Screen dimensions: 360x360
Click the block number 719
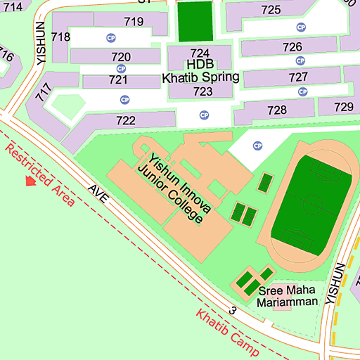click(x=134, y=21)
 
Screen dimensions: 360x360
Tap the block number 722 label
click(x=125, y=120)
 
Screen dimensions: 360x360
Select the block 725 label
click(x=271, y=9)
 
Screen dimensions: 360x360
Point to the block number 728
click(x=277, y=110)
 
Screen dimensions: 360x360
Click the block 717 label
click(x=46, y=93)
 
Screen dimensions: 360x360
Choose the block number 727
click(x=298, y=77)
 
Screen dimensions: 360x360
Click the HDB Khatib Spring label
click(x=201, y=71)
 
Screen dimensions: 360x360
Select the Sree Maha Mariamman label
click(x=288, y=296)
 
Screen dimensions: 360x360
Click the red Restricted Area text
click(x=39, y=174)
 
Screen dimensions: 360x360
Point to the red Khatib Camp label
click(x=227, y=333)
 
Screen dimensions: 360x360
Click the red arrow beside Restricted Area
click(x=30, y=181)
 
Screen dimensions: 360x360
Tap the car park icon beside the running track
click(x=257, y=146)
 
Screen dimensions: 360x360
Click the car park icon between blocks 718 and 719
click(x=110, y=37)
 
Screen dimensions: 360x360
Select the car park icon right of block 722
click(x=204, y=115)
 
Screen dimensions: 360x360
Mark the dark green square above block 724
click(x=194, y=21)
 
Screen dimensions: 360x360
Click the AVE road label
click(x=98, y=195)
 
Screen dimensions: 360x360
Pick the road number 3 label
click(x=233, y=309)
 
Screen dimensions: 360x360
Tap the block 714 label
click(x=12, y=6)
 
